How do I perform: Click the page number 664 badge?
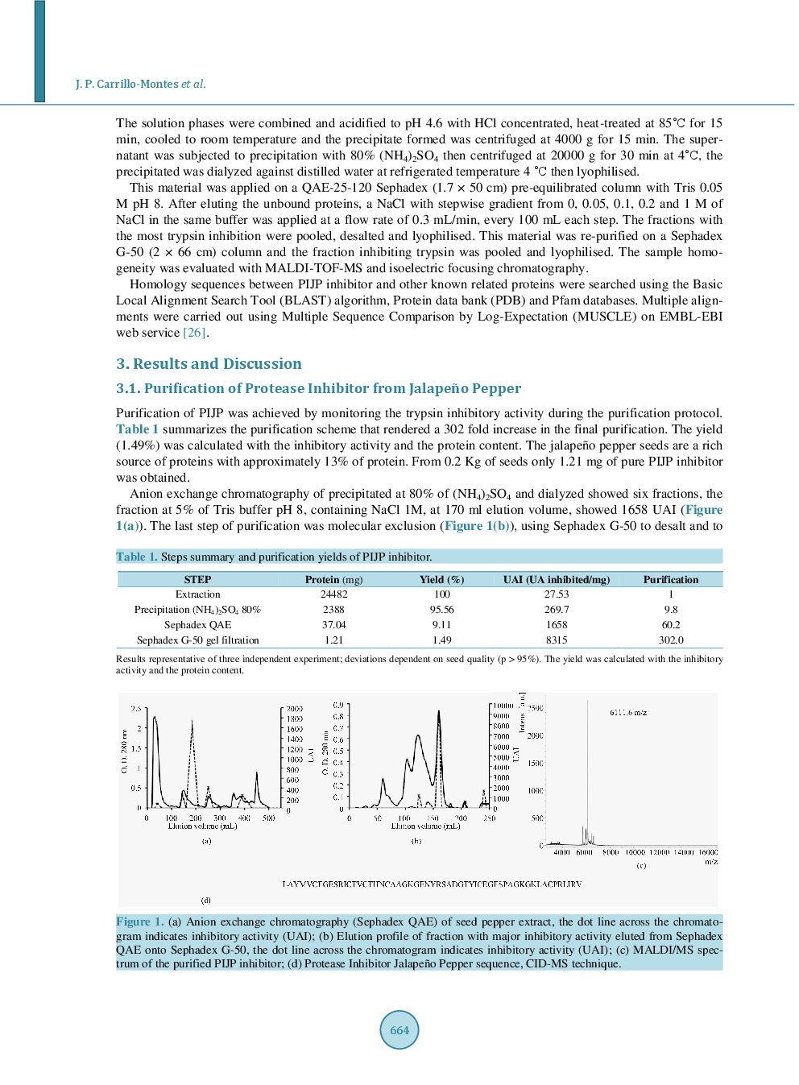(399, 1029)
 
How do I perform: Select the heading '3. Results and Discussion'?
(209, 364)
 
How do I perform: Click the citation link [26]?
(195, 333)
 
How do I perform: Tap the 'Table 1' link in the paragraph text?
(137, 429)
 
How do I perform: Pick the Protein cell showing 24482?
(333, 594)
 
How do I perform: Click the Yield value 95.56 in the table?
(441, 610)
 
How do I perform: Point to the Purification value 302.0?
(670, 640)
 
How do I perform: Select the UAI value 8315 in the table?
(556, 640)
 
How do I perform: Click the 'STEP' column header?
(197, 579)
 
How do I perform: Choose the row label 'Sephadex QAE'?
(197, 625)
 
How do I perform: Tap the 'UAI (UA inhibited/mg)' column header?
(556, 579)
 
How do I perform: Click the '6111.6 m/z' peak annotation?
(627, 712)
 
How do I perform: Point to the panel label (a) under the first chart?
(206, 841)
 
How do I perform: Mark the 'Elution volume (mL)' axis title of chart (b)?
(425, 826)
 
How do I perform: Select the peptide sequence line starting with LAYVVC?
(431, 884)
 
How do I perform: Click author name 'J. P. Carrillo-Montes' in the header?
(127, 84)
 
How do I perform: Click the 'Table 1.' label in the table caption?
(136, 557)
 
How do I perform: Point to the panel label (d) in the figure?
(206, 901)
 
